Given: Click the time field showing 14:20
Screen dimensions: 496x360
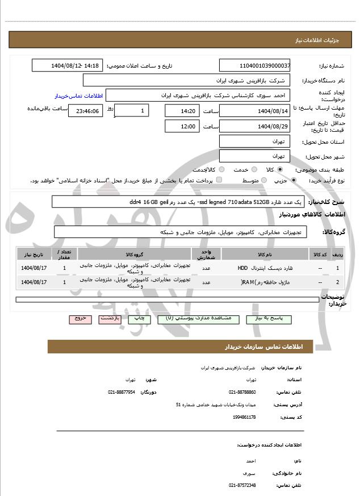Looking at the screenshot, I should [x=183, y=111].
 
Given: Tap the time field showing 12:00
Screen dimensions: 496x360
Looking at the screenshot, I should [x=183, y=126].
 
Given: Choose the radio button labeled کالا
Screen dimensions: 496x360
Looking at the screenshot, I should [x=280, y=169].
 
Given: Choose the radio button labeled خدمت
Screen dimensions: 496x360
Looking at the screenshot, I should [x=253, y=169].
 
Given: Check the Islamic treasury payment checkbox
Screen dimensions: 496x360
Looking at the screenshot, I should [x=219, y=180].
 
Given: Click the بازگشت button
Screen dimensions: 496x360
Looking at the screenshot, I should [x=110, y=319].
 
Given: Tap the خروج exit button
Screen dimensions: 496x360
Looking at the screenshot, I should [x=80, y=319].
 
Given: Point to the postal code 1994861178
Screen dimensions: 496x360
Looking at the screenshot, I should [x=244, y=417].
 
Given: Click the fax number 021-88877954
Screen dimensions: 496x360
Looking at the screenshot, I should [x=122, y=392].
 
